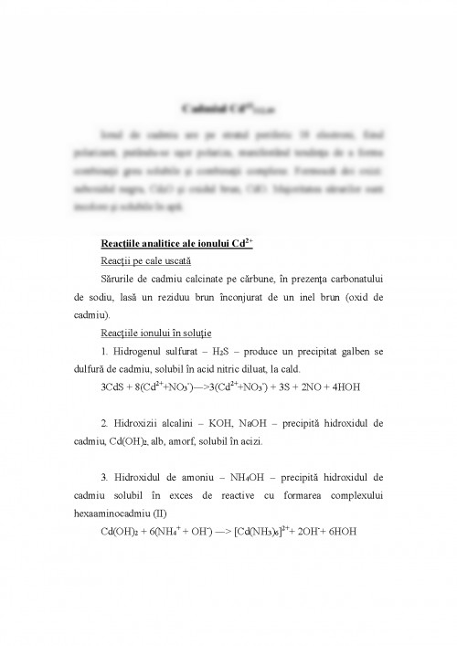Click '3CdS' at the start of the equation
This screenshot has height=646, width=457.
(114, 387)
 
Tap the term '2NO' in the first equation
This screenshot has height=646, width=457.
(316, 387)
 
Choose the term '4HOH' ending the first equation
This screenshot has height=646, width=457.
(357, 387)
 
